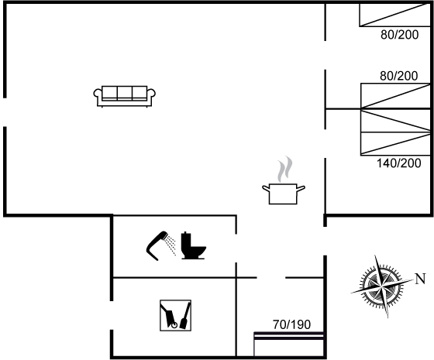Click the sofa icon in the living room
tap(124, 96)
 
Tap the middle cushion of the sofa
tap(125, 92)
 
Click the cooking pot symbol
tap(283, 194)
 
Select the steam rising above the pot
tap(285, 169)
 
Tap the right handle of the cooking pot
tap(301, 188)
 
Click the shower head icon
tap(161, 245)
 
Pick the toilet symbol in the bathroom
tap(193, 245)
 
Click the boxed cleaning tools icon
tap(175, 315)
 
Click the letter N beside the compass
tap(420, 279)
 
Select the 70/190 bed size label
tap(291, 324)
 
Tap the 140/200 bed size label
tap(399, 163)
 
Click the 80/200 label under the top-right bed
tap(399, 35)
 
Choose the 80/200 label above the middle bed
tap(398, 76)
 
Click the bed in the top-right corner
tap(395, 15)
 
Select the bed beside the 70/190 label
tap(288, 344)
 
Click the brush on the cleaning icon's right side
tap(185, 315)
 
